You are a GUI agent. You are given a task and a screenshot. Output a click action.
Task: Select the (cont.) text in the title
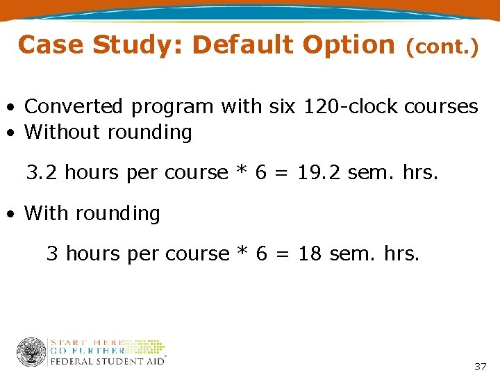click(442, 47)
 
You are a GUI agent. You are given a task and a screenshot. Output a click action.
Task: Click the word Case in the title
click(51, 45)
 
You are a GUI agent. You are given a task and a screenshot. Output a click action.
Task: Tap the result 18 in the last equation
click(310, 254)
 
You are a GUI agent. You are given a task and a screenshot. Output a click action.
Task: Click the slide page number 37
click(480, 366)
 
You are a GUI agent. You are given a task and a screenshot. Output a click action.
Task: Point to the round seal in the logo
click(31, 351)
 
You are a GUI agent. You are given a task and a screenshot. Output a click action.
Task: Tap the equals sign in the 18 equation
click(283, 255)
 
